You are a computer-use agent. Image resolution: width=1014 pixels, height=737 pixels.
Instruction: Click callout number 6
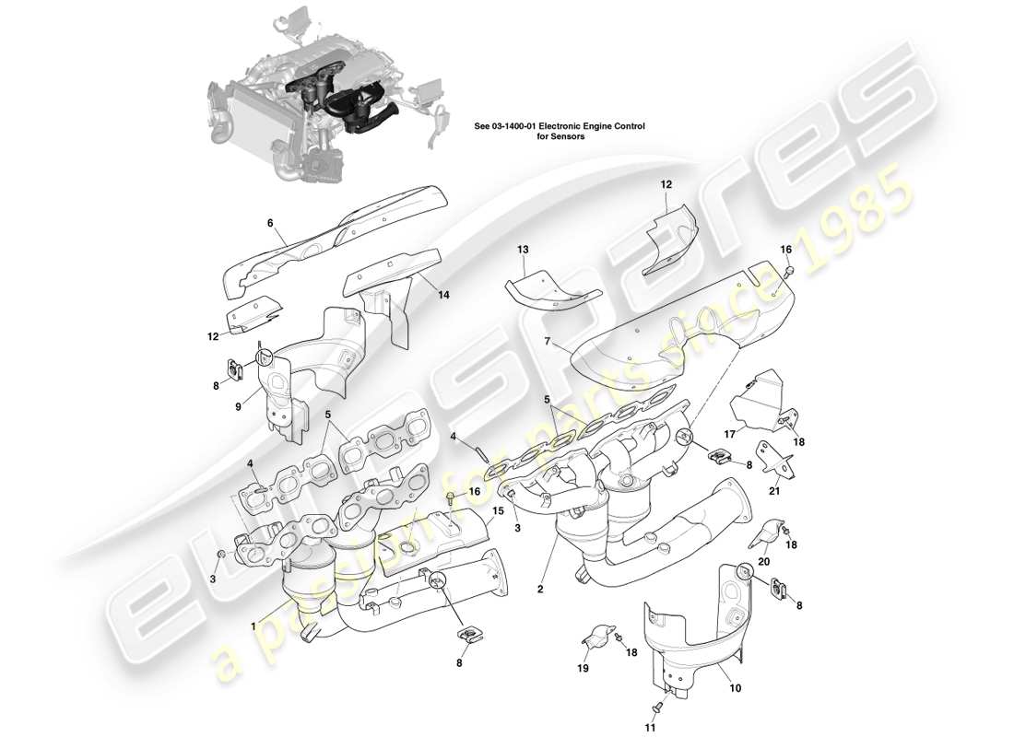pyautogui.click(x=270, y=223)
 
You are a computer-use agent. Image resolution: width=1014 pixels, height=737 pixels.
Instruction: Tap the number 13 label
pyautogui.click(x=523, y=250)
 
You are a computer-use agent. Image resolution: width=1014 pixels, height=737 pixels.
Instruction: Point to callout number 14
pyautogui.click(x=444, y=296)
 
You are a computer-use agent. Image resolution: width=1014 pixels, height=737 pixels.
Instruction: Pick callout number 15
pyautogui.click(x=498, y=510)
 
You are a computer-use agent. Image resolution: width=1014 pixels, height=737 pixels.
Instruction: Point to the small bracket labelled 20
pyautogui.click(x=766, y=532)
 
